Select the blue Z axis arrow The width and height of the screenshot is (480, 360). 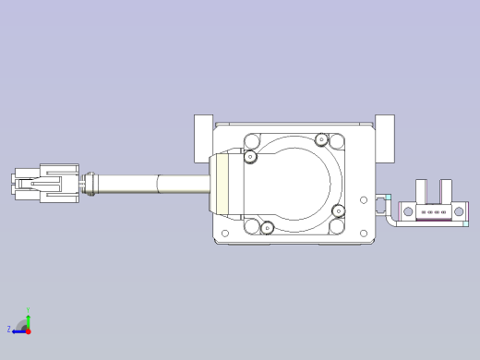(x=17, y=330)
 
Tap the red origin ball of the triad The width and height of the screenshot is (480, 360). (x=28, y=330)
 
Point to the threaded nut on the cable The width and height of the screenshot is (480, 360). (x=90, y=183)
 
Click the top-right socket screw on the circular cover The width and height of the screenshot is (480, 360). (x=321, y=140)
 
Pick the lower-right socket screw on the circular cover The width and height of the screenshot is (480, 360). (x=339, y=211)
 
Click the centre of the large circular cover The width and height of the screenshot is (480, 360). (x=294, y=185)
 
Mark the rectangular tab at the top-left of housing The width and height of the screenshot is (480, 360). (x=203, y=137)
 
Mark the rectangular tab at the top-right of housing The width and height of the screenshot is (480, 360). (x=385, y=137)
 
